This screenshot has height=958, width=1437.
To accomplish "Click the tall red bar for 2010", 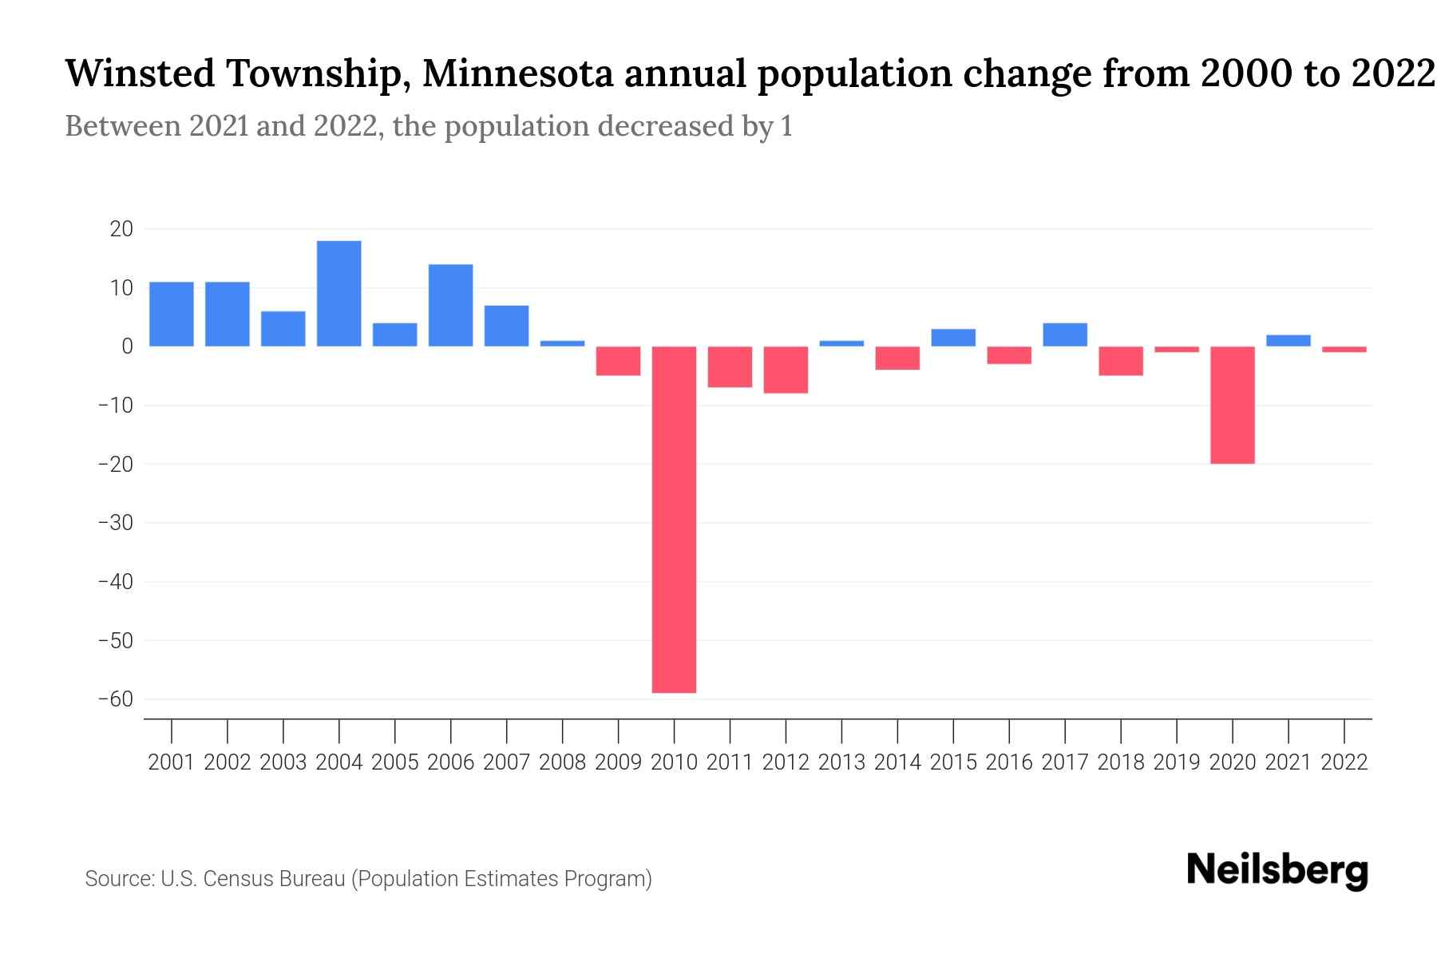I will [674, 519].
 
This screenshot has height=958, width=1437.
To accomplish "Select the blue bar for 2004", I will [338, 293].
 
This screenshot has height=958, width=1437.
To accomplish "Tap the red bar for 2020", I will [1232, 405].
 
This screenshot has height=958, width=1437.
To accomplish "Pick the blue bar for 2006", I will [450, 305].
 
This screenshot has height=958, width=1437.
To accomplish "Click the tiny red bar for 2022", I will [1344, 349].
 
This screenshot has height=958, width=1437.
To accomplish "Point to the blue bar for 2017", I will [1064, 335].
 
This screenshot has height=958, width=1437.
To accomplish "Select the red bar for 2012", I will [786, 370].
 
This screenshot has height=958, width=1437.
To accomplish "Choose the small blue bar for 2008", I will [562, 343].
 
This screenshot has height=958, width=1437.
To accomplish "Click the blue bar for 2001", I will [172, 314].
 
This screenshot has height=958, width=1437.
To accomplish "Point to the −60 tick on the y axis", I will [115, 699].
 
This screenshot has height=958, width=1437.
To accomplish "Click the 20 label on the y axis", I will [121, 229].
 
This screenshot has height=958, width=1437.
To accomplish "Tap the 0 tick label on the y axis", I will [127, 346].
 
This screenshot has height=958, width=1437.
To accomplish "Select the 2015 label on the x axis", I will [953, 762].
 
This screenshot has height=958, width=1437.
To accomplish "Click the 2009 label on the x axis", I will [618, 762].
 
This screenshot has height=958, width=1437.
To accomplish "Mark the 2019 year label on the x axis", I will [1176, 762].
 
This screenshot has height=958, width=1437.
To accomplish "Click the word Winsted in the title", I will [140, 74].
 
